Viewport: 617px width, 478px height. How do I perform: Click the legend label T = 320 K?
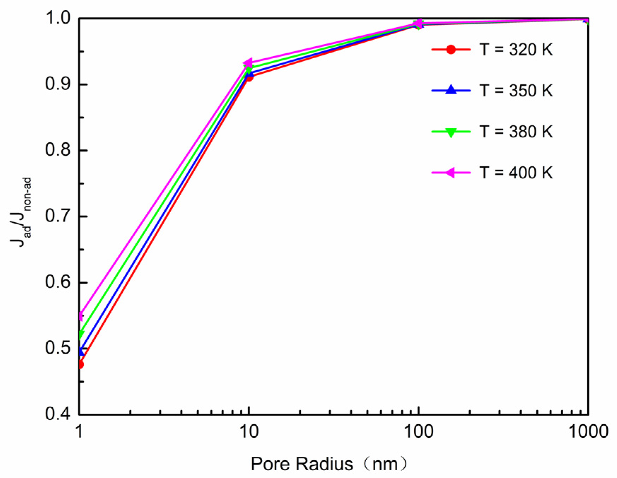[x=516, y=50]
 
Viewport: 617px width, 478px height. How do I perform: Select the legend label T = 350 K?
[x=516, y=91]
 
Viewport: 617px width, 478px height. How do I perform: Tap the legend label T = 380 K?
[x=516, y=132]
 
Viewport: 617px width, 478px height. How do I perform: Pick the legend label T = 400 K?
[x=516, y=173]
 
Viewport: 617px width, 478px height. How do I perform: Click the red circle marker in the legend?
[x=451, y=50]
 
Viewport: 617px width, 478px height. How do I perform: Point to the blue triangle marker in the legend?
[x=451, y=90]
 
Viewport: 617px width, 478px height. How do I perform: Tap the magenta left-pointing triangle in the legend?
[x=450, y=173]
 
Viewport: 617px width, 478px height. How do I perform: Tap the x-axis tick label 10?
[x=249, y=432]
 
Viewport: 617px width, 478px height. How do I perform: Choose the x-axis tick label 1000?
[x=588, y=432]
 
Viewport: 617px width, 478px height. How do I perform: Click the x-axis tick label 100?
[x=418, y=432]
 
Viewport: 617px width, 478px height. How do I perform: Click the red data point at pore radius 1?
[x=80, y=364]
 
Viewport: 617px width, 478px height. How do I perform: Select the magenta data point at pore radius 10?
[x=248, y=63]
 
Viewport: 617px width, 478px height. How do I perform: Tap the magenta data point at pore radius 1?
[x=81, y=315]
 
